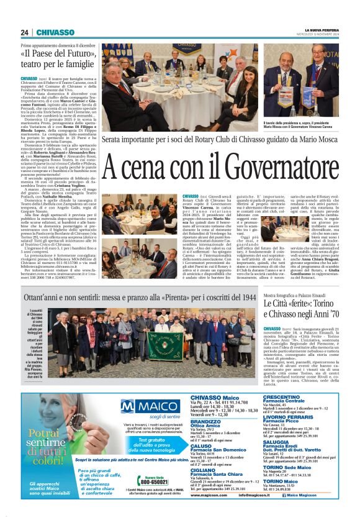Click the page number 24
coord(25,32)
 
